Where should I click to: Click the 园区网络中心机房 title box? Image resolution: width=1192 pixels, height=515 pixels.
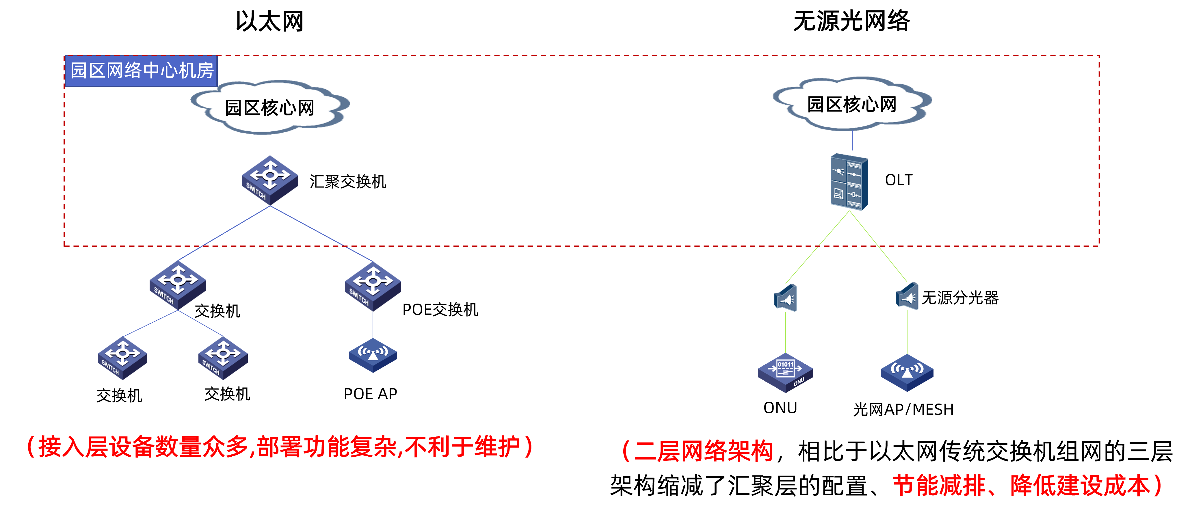point(141,71)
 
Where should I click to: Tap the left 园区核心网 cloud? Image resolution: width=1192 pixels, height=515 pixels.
point(270,107)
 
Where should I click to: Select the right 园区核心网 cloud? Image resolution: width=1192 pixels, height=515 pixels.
point(852,104)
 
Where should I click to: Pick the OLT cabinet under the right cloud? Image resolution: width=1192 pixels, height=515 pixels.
point(849,182)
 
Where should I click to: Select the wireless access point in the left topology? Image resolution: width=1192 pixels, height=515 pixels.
point(373,355)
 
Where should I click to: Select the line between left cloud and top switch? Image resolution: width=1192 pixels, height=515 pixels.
point(270,145)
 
